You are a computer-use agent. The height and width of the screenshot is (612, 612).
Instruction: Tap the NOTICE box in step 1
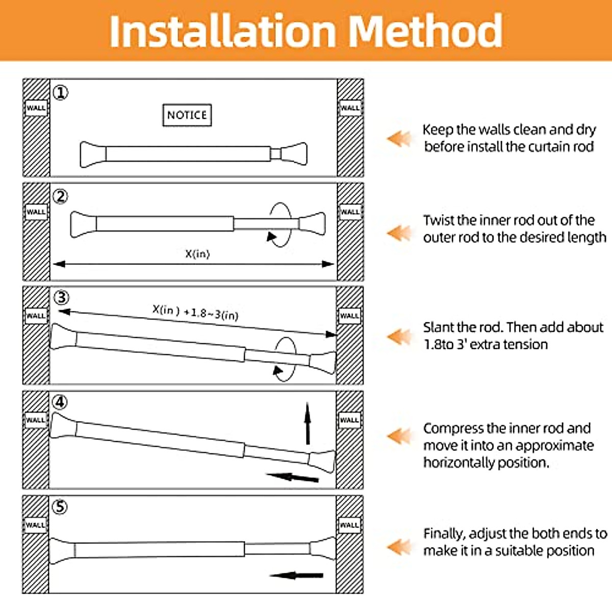tap(187, 115)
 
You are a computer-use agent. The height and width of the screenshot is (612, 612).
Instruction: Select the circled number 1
tap(61, 93)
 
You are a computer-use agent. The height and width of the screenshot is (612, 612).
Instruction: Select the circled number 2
tap(61, 197)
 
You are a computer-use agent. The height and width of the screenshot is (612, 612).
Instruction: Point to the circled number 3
tap(61, 297)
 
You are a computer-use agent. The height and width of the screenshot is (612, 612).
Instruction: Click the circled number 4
tap(60, 402)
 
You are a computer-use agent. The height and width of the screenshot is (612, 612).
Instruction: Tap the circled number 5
tap(60, 507)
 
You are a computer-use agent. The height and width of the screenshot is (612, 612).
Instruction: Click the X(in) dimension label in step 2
tap(197, 253)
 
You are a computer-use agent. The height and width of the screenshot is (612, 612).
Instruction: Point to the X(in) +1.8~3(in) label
tap(195, 312)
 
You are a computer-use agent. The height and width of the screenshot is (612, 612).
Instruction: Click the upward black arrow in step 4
tap(308, 423)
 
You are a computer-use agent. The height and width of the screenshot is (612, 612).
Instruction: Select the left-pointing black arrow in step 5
tap(296, 575)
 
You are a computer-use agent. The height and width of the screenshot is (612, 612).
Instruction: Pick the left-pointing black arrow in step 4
tap(293, 477)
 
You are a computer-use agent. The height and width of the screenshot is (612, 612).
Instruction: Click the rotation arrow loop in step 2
tap(280, 225)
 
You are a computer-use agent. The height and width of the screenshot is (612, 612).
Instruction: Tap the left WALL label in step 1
tap(36, 108)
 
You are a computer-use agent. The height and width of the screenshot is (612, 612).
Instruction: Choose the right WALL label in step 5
tap(349, 525)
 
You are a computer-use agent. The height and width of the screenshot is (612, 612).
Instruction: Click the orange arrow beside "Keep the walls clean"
tap(399, 138)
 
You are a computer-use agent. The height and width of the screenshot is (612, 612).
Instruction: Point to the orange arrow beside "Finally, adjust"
tap(399, 547)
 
